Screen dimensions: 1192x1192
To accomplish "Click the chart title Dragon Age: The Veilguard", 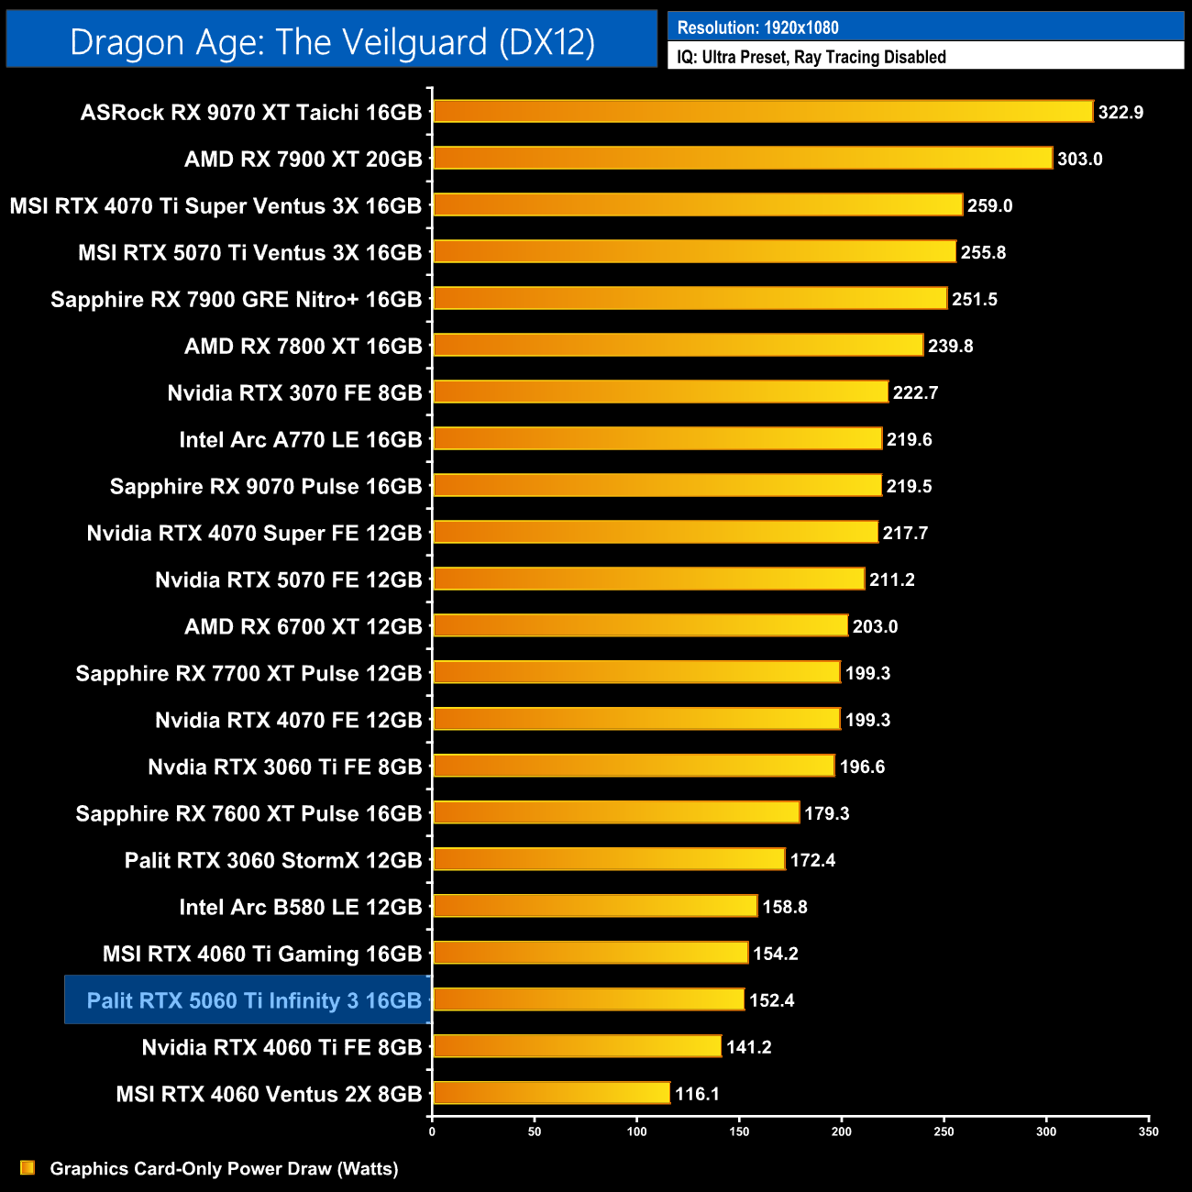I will click(x=332, y=42).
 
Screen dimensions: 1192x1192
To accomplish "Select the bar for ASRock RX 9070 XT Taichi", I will click(x=763, y=112).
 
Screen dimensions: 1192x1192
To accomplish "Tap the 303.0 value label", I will click(x=1079, y=160).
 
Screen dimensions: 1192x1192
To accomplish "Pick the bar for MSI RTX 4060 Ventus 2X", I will click(x=551, y=1093).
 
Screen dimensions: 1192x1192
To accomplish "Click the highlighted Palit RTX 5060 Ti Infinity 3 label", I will click(x=254, y=1000).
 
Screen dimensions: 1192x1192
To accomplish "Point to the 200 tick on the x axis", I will click(x=841, y=1131).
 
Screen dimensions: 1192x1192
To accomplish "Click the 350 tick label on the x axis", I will click(x=1148, y=1131).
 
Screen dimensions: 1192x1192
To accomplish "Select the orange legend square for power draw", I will click(x=28, y=1167).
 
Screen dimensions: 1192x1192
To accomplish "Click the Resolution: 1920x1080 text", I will click(x=757, y=28).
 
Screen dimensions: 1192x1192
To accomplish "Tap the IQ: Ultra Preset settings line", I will click(x=811, y=57).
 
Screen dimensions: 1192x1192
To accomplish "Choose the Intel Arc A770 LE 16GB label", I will click(x=301, y=440).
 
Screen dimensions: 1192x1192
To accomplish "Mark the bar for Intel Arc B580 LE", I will click(x=595, y=906).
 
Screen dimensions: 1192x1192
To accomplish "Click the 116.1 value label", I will click(x=697, y=1094).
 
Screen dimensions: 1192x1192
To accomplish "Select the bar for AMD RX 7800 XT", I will click(x=678, y=345).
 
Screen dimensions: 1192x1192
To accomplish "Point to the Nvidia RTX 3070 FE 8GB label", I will click(x=294, y=393).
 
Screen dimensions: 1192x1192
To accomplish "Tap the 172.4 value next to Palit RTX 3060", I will click(x=812, y=860).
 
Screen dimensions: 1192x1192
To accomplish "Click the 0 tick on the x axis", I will click(x=432, y=1131).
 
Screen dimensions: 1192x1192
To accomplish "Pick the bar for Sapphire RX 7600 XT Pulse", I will click(x=616, y=812).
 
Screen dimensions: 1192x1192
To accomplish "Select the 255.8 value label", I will click(x=983, y=253).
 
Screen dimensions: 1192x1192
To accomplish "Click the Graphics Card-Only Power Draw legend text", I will click(x=224, y=1168).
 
